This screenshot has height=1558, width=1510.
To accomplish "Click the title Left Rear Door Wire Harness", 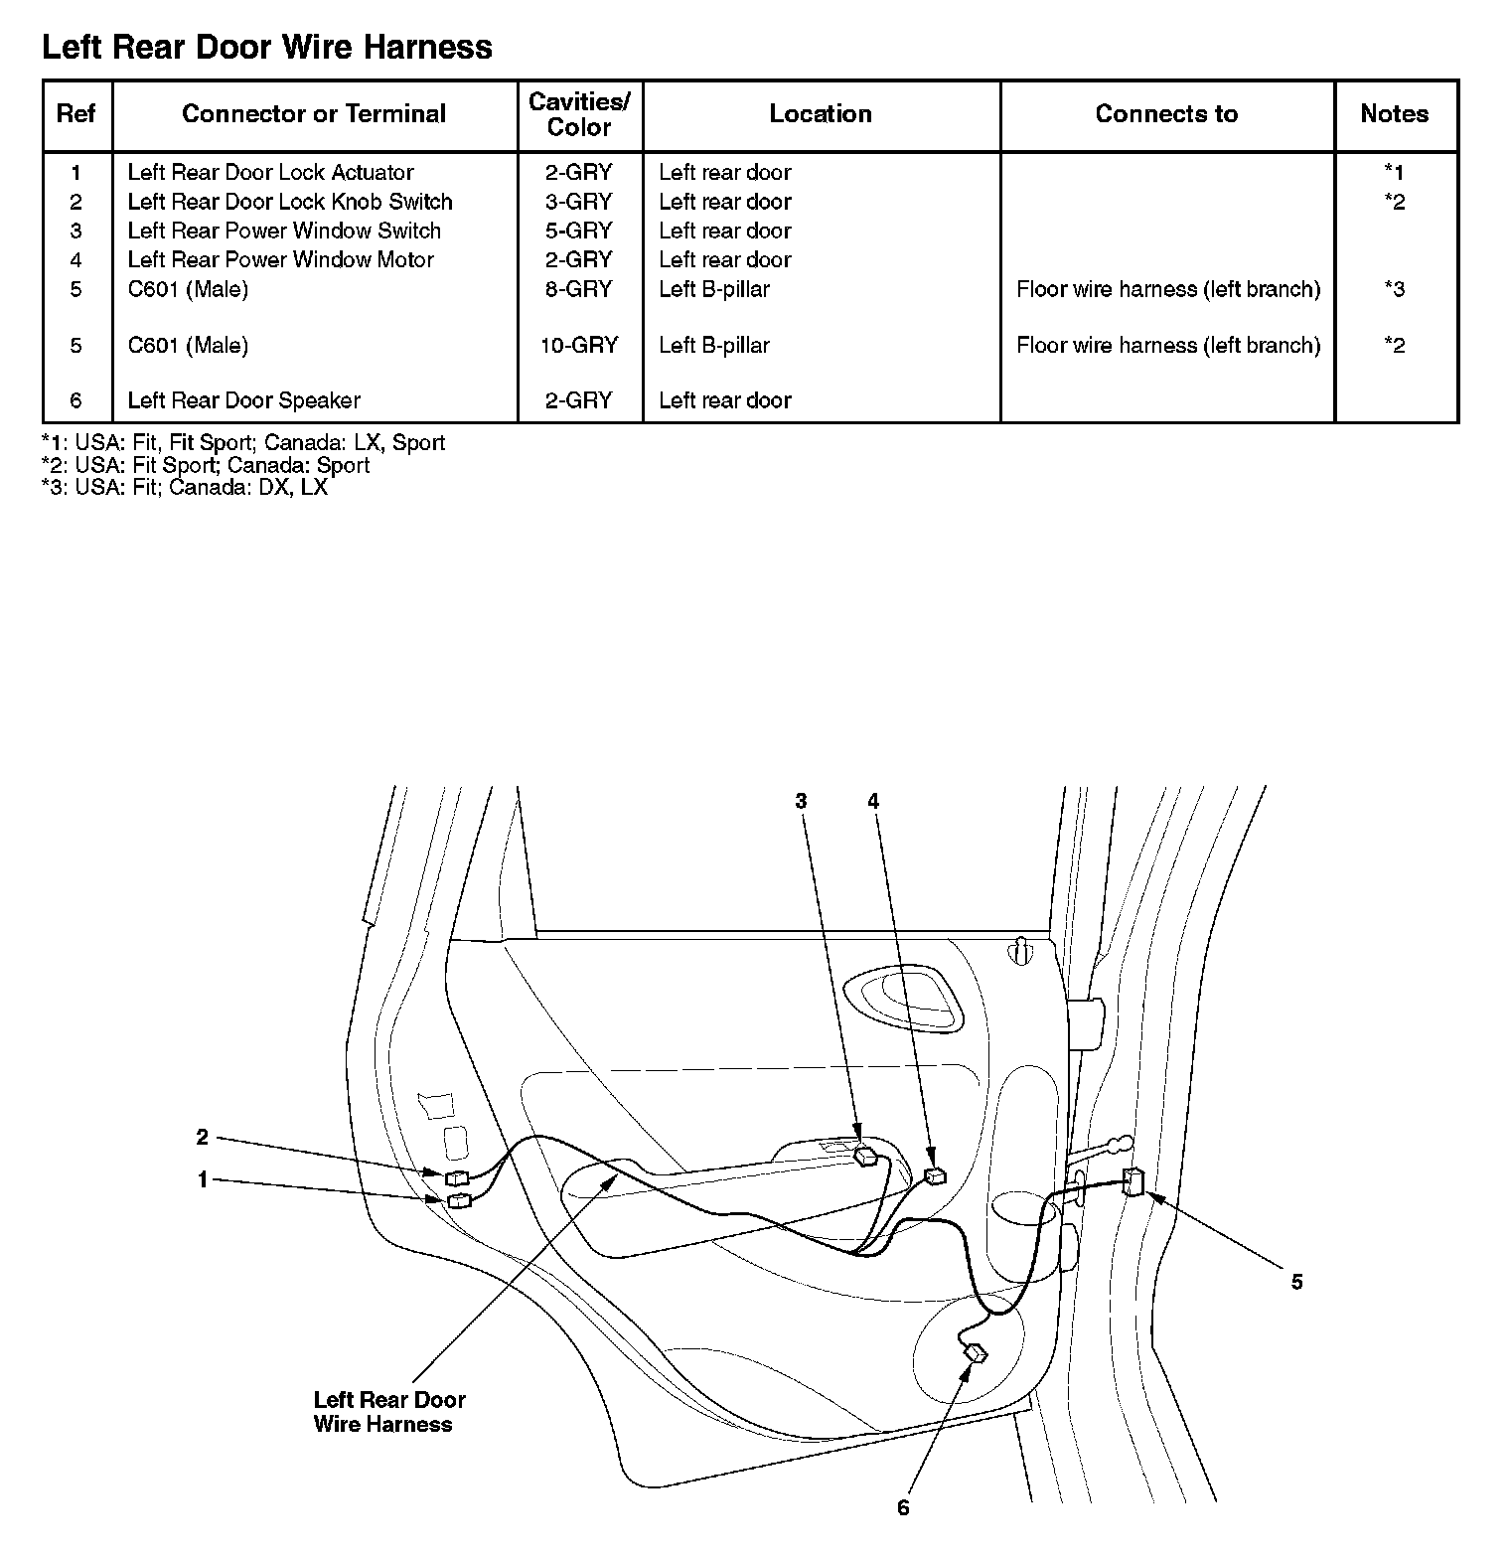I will [x=266, y=47].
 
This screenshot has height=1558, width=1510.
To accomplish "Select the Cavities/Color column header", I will [x=579, y=114].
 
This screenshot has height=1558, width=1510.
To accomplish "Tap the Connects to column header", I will [x=1166, y=114].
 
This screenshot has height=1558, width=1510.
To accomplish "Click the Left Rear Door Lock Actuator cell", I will [x=270, y=172].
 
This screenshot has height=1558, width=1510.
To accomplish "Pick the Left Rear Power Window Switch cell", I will [x=284, y=231].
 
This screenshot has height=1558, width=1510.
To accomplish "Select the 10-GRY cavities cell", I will [x=579, y=345].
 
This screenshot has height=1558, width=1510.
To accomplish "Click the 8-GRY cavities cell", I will [x=579, y=289].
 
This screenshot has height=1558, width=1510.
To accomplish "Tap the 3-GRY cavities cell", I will [x=579, y=202].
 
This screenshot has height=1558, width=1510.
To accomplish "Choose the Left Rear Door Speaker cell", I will [x=243, y=400].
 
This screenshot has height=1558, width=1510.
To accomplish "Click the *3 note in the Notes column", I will [x=1394, y=289].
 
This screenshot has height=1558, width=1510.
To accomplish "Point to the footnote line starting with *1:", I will [x=242, y=443].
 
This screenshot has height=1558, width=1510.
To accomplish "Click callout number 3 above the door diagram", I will [x=801, y=801].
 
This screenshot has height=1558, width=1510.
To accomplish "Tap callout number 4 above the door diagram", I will [x=873, y=801].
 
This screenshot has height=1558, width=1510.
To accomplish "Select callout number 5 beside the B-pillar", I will [x=1296, y=1282].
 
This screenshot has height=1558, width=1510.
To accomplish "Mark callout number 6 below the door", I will [x=903, y=1508].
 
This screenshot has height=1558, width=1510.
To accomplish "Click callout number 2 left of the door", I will [x=203, y=1137].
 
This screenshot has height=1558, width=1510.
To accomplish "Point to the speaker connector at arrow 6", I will [x=976, y=1353].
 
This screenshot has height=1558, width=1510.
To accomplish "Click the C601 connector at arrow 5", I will [x=1132, y=1181].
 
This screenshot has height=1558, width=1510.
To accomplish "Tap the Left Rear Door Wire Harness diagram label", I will [x=388, y=1412].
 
